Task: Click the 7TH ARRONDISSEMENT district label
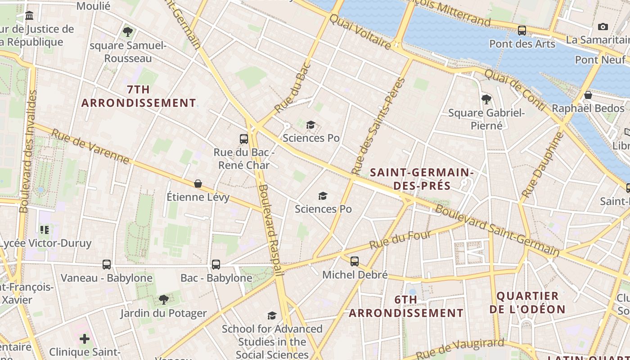coord(139,96)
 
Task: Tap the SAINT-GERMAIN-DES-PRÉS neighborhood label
coord(421,179)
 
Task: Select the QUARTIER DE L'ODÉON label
coord(527,302)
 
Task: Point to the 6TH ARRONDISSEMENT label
coord(406,306)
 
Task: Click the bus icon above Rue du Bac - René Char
coord(244,139)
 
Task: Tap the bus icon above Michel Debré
coord(355,261)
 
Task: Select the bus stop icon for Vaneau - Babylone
coord(107,265)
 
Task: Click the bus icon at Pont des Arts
coord(522,31)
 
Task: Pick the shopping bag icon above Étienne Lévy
coord(198,184)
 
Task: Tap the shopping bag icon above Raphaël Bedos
coord(588,95)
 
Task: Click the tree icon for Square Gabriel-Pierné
coord(486,99)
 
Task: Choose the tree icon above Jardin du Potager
coord(164,299)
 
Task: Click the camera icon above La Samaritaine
coord(603,27)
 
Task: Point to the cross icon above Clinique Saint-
coord(85,338)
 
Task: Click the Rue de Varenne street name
coord(90,146)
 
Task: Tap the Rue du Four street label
coord(400,240)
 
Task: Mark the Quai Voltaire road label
coord(360,31)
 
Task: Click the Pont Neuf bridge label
coord(600,60)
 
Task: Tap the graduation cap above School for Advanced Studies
coord(272,315)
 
